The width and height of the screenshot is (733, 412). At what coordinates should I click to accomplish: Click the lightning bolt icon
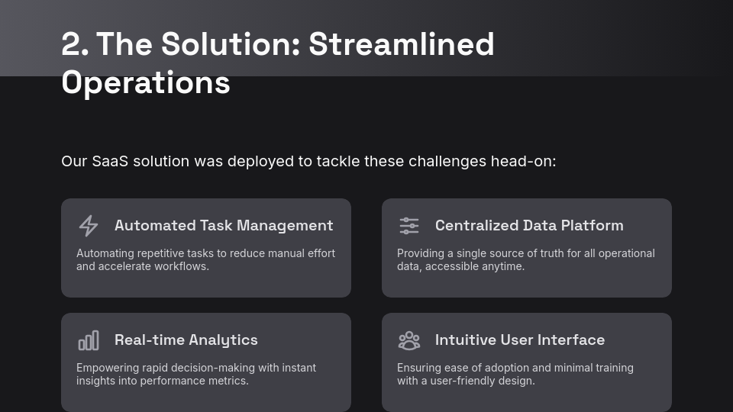(89, 226)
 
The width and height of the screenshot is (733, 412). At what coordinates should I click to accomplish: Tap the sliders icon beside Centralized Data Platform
(409, 226)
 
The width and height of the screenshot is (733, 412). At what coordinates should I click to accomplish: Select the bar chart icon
(89, 340)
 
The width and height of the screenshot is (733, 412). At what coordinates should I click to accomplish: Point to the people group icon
(409, 340)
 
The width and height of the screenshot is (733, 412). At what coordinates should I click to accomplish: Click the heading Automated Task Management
(224, 226)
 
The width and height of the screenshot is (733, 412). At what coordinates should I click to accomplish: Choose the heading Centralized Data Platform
(529, 226)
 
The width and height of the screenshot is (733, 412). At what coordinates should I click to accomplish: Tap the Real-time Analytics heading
(186, 340)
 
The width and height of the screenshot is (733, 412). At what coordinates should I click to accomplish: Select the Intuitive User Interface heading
(520, 340)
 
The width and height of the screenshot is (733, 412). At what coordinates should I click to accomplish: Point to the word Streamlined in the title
(401, 44)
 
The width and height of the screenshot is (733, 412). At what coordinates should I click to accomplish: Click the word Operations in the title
(146, 83)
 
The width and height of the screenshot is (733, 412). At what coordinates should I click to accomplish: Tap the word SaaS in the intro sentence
(110, 161)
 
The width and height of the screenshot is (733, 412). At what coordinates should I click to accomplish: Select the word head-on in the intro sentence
(523, 161)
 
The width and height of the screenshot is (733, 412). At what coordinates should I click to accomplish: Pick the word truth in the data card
(552, 253)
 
